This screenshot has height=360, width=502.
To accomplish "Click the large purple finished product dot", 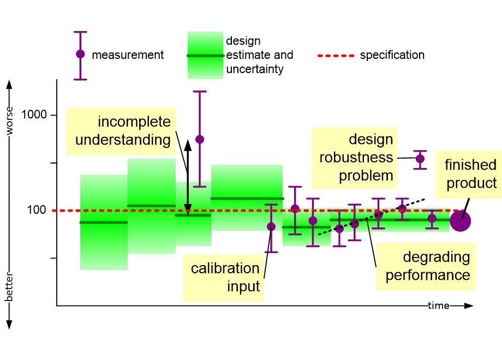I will point(460,221).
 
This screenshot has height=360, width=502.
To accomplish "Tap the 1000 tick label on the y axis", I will point(34,115).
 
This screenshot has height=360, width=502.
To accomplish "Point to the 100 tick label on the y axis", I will point(37,210).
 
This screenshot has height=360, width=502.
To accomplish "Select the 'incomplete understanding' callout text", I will point(123,130).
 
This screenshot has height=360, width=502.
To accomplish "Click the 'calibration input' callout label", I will point(225,277).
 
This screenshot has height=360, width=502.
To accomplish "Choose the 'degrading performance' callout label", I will point(428,266).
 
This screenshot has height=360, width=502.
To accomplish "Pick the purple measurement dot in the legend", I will point(80,54).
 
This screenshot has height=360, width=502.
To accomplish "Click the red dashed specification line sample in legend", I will point(336,56).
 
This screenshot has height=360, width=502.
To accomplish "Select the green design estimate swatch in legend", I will point(205,55).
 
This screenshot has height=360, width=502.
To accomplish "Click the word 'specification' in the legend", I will point(392,55).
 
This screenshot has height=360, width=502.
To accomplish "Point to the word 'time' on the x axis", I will point(438,306).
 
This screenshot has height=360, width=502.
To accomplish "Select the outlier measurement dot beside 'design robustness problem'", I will point(420,159).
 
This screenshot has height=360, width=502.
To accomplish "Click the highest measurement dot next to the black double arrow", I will point(200,139).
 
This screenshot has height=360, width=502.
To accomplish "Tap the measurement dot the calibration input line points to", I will point(271,226).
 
